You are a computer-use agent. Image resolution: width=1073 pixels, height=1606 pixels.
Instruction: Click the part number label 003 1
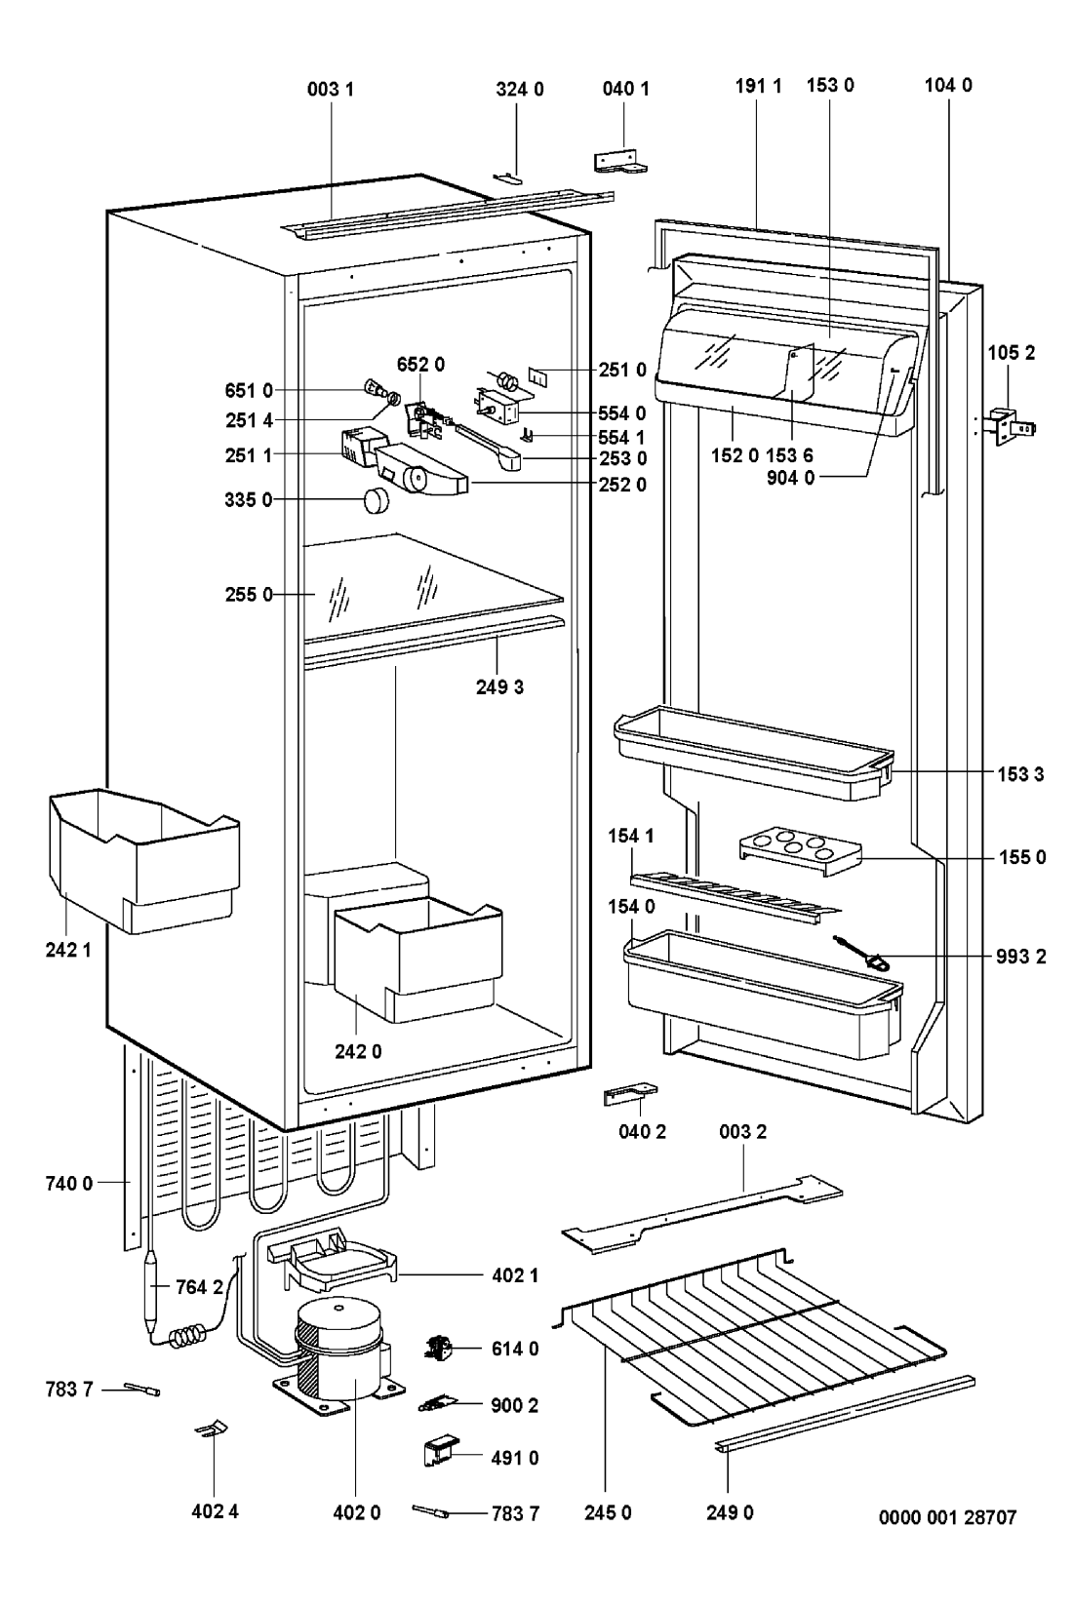point(331,89)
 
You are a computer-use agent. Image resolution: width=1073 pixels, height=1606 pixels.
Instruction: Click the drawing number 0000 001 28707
point(946,1517)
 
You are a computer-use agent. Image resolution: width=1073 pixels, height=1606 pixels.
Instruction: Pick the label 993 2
point(1020,957)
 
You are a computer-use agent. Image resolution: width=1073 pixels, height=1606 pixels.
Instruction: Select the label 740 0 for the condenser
point(67,1184)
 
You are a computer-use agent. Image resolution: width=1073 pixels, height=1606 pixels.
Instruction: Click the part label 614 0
point(515,1349)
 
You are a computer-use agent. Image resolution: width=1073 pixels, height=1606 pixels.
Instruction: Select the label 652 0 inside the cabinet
point(420,365)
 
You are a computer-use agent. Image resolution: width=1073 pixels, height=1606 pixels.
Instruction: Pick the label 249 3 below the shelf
point(499,686)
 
